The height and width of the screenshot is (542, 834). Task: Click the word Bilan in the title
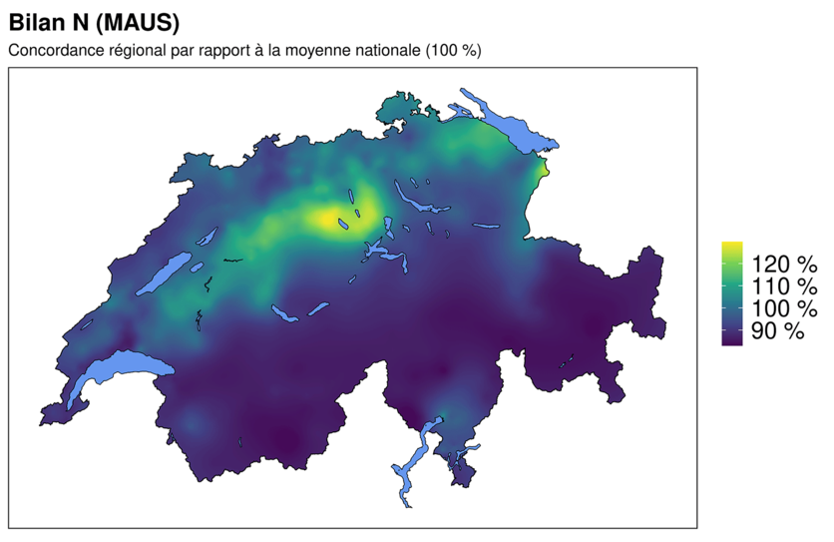coord(35,20)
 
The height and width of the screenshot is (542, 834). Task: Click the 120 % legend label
coord(784,265)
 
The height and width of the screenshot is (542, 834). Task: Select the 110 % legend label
coord(784,286)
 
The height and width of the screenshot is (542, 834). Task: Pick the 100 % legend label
coord(784,308)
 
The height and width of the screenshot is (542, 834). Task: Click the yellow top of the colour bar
coord(731,246)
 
